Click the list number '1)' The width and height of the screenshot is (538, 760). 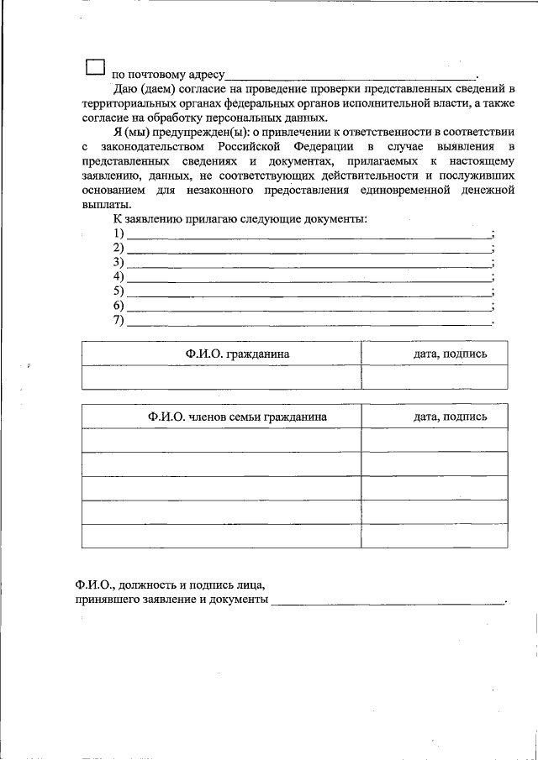click(119, 233)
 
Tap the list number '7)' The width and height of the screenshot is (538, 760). click(119, 320)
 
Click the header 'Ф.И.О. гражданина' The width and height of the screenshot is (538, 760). click(238, 354)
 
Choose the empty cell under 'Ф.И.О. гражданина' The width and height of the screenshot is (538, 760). click(222, 378)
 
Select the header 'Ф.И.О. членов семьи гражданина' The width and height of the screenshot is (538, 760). click(238, 417)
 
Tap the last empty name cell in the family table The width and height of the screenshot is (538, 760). click(222, 536)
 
